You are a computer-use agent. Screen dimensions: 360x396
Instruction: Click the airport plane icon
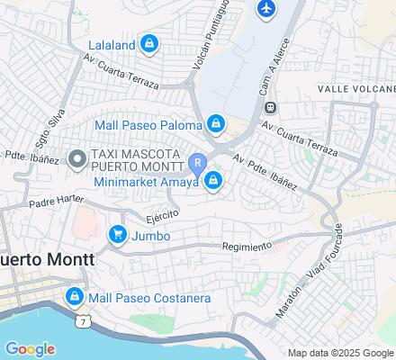tap(265, 9)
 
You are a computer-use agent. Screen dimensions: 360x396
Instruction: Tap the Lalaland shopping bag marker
tap(149, 42)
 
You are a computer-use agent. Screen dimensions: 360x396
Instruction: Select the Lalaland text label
tap(112, 43)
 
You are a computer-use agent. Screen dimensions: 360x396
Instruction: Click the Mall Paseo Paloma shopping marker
tap(216, 123)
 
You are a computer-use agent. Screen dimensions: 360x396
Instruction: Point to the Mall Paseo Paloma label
tap(149, 124)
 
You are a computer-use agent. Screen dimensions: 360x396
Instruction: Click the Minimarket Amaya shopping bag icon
tap(213, 182)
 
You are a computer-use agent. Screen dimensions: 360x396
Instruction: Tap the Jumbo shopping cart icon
tap(117, 236)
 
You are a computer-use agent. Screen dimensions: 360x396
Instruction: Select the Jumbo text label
tap(150, 236)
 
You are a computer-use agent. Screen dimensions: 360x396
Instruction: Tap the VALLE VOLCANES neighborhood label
tap(356, 89)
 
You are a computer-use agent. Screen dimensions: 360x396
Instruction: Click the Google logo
tap(30, 349)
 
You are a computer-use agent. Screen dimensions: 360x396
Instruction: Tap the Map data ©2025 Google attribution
tap(339, 353)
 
